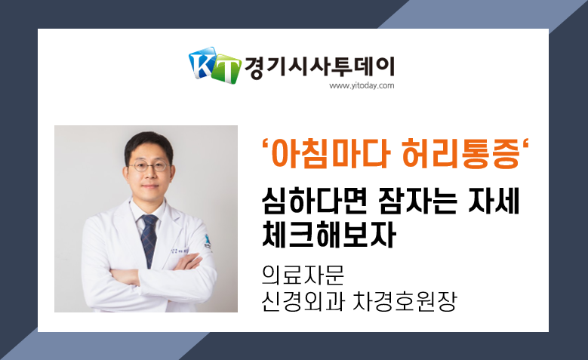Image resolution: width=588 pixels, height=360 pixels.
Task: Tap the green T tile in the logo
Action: coord(226,69)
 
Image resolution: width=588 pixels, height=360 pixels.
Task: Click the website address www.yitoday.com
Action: coord(362,86)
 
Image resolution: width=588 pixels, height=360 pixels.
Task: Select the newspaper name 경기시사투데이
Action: coord(319,67)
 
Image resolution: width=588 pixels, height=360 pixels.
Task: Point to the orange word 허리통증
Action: coord(461,153)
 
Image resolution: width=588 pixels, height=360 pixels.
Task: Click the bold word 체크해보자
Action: coord(329,235)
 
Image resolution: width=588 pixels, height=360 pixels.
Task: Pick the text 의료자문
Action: coord(303,275)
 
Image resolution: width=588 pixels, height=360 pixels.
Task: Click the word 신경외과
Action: coord(303,300)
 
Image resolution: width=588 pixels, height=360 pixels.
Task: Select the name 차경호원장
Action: coord(405,300)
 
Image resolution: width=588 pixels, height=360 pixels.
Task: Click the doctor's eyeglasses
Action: coord(149,166)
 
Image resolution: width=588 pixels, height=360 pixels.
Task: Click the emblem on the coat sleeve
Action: coord(207,242)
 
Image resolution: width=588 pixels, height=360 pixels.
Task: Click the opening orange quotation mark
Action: coord(266,146)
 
